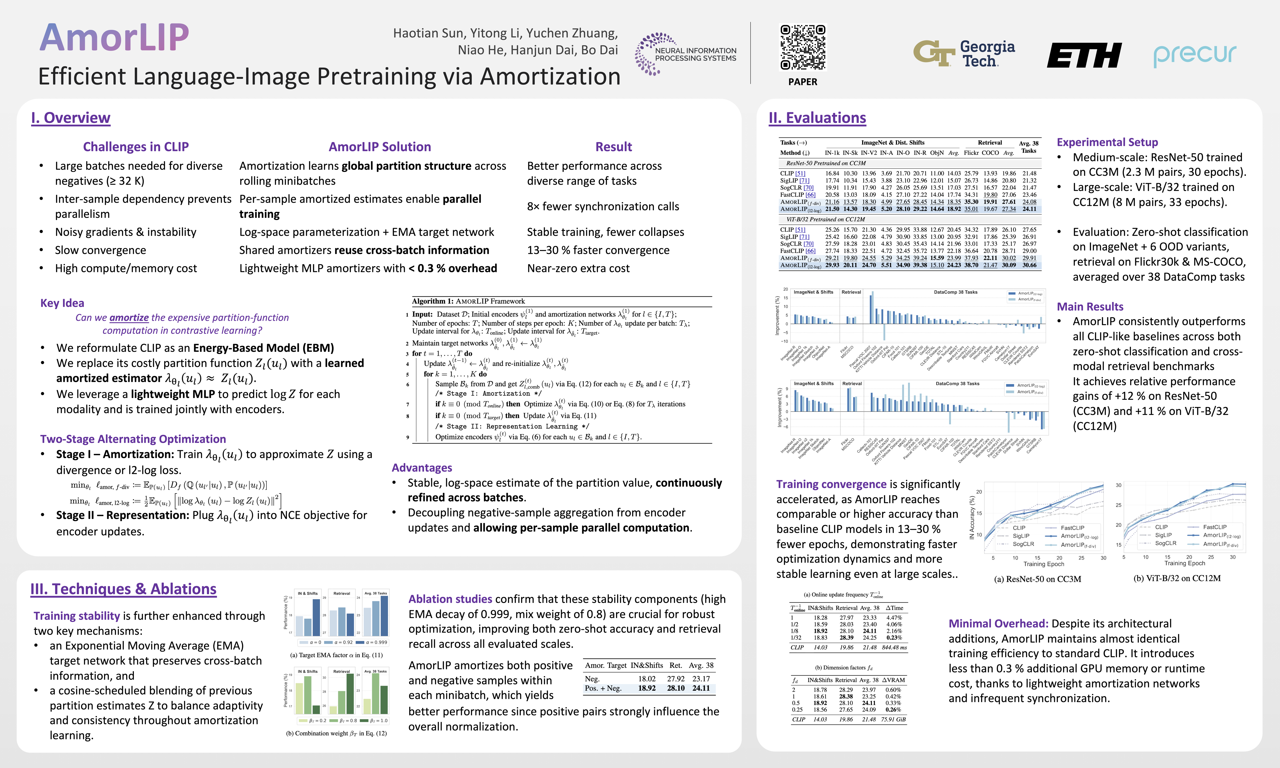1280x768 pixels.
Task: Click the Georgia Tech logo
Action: [x=963, y=54]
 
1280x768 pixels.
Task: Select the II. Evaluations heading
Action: [x=817, y=118]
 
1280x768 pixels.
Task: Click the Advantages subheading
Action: [x=422, y=468]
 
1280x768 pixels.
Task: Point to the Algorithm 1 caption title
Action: [x=468, y=301]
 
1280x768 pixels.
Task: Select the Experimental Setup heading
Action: [x=1107, y=142]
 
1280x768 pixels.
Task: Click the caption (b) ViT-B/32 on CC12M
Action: [x=1177, y=578]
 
